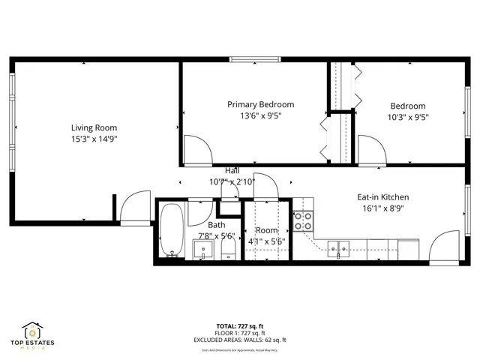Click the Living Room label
[94, 127]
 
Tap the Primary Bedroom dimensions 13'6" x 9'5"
[260, 115]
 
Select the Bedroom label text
[407, 106]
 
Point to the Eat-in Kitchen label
[382, 197]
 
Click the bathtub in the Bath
[171, 232]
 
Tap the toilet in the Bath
[228, 248]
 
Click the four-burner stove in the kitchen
[303, 221]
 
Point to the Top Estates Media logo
[32, 334]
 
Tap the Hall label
[232, 171]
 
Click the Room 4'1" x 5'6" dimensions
[266, 241]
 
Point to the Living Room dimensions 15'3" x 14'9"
[94, 139]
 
